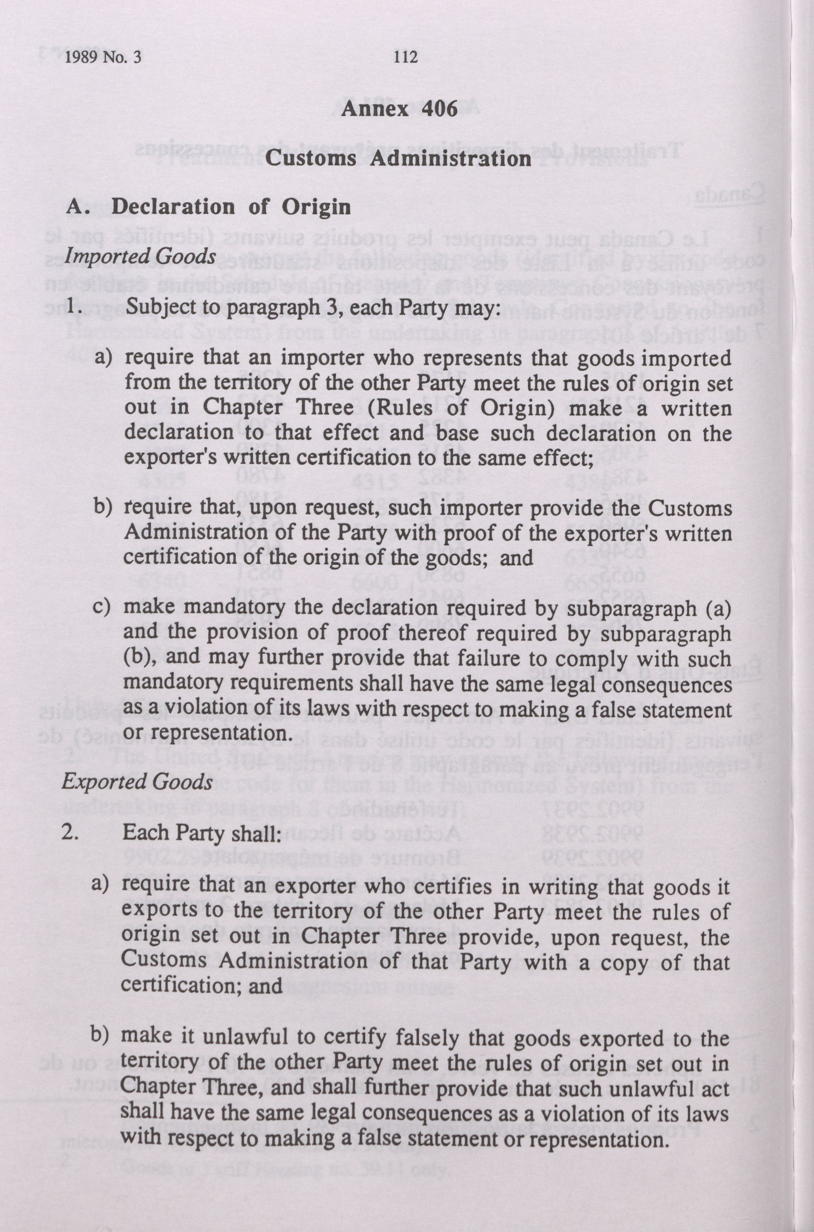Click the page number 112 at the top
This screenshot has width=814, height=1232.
pos(405,57)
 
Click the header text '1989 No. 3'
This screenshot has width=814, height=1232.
pos(104,58)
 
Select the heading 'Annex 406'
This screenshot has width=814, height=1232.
pos(399,110)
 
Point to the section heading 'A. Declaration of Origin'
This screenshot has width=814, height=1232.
pos(209,207)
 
